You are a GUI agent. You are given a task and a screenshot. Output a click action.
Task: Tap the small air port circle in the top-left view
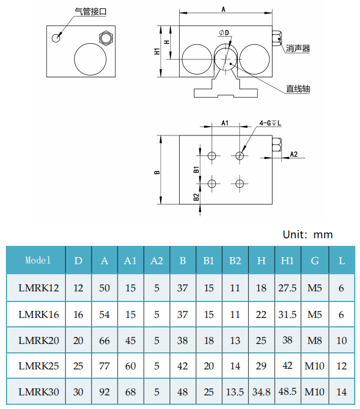(56, 38)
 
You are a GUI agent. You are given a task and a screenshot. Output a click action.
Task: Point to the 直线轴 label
(298, 89)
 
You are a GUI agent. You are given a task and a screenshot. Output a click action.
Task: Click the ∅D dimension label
(223, 31)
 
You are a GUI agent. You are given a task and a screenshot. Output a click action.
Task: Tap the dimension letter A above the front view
(223, 8)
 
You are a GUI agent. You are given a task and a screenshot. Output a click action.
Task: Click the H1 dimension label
(157, 51)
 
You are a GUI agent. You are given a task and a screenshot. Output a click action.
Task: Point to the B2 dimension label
(196, 197)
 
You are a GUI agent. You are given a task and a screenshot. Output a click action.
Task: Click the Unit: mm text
(308, 235)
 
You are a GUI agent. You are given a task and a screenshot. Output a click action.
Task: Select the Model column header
(38, 260)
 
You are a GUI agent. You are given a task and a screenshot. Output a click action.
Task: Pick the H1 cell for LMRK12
(287, 288)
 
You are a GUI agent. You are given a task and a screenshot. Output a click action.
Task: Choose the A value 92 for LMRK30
(105, 391)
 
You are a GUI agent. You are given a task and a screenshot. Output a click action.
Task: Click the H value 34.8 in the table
(261, 391)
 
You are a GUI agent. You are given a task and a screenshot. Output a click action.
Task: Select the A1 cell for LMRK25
(130, 366)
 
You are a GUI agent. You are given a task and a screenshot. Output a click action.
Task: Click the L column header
(342, 261)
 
